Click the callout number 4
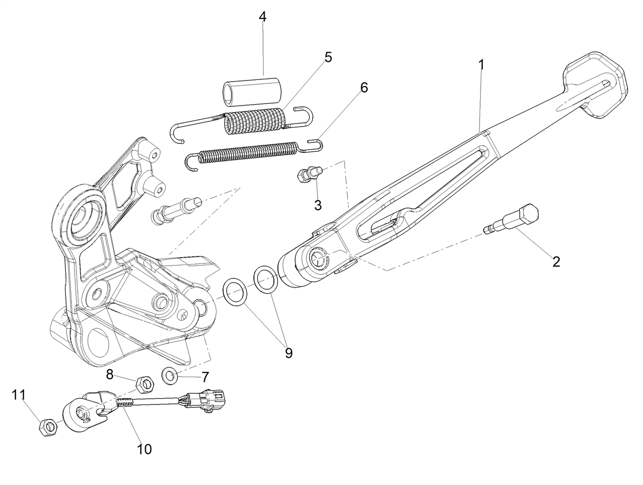tap(263, 17)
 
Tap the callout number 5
tap(328, 57)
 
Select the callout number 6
tap(364, 87)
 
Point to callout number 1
tap(482, 65)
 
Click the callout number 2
tap(556, 261)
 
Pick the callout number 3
tap(318, 205)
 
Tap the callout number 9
tap(288, 353)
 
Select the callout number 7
tap(205, 377)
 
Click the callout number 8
tap(109, 374)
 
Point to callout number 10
tap(144, 449)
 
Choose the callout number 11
tap(19, 395)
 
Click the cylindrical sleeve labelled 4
tap(251, 91)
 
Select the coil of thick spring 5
tap(255, 122)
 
